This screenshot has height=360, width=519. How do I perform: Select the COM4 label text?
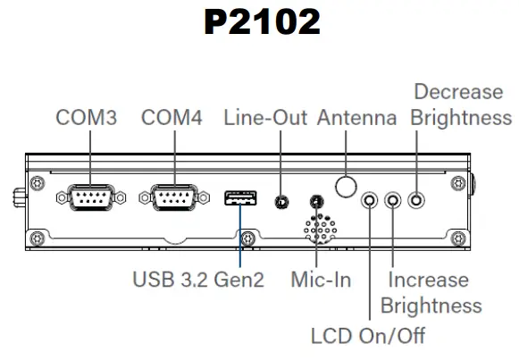point(173,118)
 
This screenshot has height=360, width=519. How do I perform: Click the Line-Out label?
point(265,118)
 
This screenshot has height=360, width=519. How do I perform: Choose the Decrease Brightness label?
point(463,105)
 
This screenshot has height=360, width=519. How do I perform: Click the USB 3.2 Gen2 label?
point(199,280)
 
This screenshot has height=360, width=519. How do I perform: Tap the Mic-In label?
point(322,280)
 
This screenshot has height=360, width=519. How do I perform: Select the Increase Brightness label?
point(431,292)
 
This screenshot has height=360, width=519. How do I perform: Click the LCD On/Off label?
point(368,336)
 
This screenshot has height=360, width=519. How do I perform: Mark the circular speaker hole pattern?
point(318,229)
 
